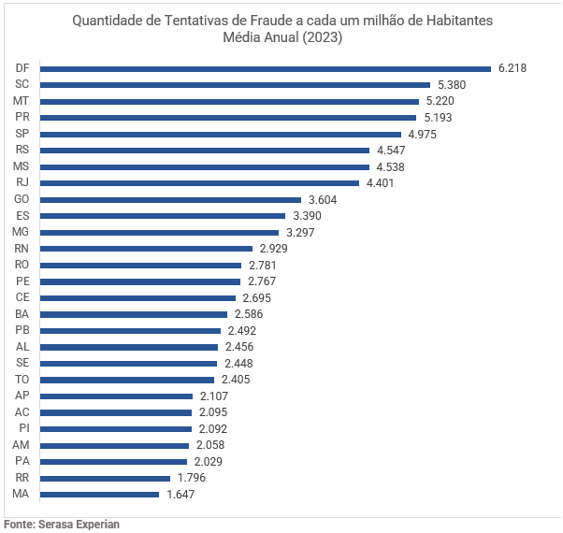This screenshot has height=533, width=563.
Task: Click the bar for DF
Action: [265, 68]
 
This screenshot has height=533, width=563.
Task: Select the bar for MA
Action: [99, 494]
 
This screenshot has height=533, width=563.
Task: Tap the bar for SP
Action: [220, 134]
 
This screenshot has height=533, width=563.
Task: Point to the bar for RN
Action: [146, 249]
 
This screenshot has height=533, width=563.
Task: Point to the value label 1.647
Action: [180, 494]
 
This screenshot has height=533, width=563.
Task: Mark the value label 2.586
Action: [248, 314]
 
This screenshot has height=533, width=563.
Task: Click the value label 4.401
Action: [381, 183]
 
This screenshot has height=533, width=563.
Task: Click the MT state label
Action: [21, 101]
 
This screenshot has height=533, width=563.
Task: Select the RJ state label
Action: [22, 183]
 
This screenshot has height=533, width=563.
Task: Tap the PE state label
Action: [22, 281]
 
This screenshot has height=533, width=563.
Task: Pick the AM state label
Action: [22, 445]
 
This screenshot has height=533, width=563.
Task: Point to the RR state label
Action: [22, 478]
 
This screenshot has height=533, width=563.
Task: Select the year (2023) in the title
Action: [320, 38]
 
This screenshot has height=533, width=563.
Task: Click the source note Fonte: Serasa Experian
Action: [62, 524]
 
